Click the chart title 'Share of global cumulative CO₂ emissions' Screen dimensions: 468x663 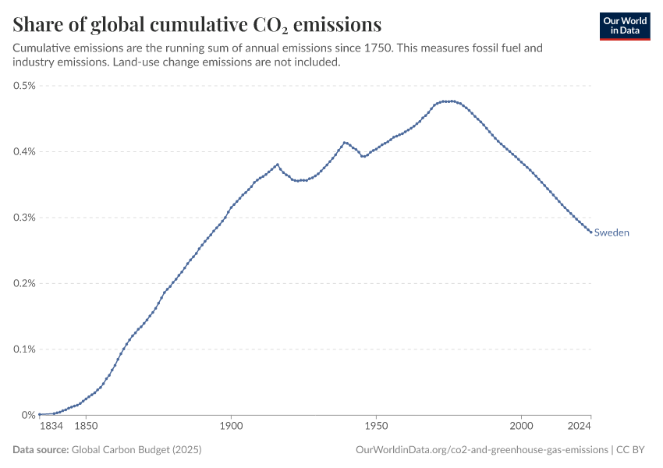[x=197, y=23]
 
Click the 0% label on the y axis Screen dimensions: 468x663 [x=29, y=415]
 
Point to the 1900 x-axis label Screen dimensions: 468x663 [x=231, y=427]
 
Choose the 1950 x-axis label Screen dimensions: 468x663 [x=377, y=427]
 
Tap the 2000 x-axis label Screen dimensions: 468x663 [x=522, y=427]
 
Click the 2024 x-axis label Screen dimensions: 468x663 [x=579, y=427]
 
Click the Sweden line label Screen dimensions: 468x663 [x=612, y=232]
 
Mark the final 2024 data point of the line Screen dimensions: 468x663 [x=590, y=232]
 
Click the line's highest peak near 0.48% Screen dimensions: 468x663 [x=447, y=101]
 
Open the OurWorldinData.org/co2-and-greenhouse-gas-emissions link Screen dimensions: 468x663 [x=481, y=450]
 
